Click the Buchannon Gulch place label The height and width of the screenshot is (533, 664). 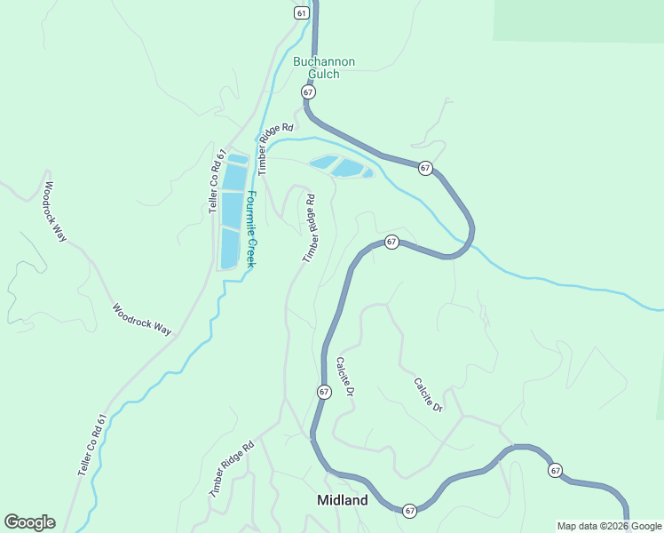(x=324, y=68)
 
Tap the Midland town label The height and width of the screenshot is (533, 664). (x=343, y=500)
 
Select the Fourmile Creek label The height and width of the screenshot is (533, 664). (x=251, y=230)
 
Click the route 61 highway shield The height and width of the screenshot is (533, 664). (x=304, y=12)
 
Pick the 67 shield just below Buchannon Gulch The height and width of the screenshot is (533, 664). (x=308, y=92)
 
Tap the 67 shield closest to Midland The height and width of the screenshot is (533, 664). (x=409, y=511)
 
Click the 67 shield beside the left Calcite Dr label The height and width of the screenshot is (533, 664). (x=323, y=392)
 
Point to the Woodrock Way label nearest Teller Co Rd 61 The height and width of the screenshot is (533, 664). (x=142, y=320)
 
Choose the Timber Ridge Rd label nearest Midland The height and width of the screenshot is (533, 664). (x=233, y=466)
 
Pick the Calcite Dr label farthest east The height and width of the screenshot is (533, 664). (x=428, y=395)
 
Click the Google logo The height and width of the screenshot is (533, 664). (x=29, y=522)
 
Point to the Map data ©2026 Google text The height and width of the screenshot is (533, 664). (x=609, y=526)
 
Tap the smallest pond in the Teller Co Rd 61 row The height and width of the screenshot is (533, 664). (x=237, y=159)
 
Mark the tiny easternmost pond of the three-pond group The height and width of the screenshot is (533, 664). (x=368, y=172)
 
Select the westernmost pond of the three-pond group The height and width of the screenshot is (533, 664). (x=324, y=163)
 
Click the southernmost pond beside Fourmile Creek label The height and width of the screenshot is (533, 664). (x=230, y=249)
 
